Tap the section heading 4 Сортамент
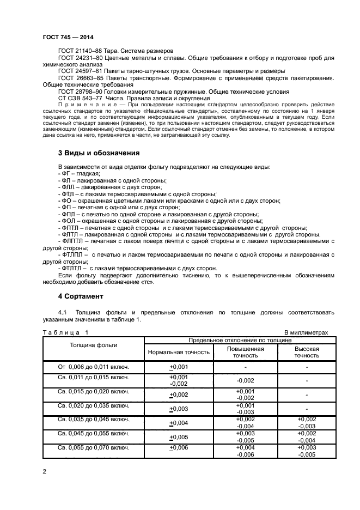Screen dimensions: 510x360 [x=80, y=296]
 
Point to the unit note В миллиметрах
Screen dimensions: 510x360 [x=306, y=332]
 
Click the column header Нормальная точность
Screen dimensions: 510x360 [x=178, y=352]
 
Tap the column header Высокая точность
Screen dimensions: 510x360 [x=307, y=352]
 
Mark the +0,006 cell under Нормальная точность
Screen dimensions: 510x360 [x=178, y=448]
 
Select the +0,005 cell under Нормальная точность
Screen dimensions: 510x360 [x=178, y=437]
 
